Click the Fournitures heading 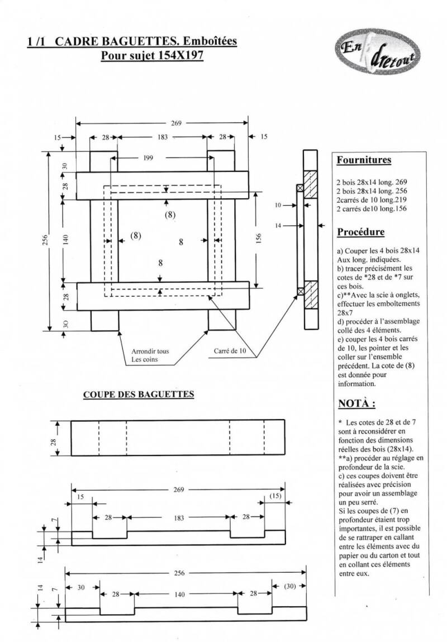[363, 160]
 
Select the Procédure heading [361, 231]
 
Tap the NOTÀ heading [356, 403]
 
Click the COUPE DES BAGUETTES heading [139, 394]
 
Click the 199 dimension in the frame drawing [148, 158]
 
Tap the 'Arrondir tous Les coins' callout [150, 355]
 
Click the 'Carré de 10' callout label [230, 351]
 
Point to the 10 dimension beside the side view [278, 206]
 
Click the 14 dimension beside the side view [278, 226]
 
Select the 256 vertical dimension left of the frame [46, 239]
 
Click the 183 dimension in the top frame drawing [162, 137]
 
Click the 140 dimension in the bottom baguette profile [179, 595]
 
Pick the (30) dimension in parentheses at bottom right [289, 586]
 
